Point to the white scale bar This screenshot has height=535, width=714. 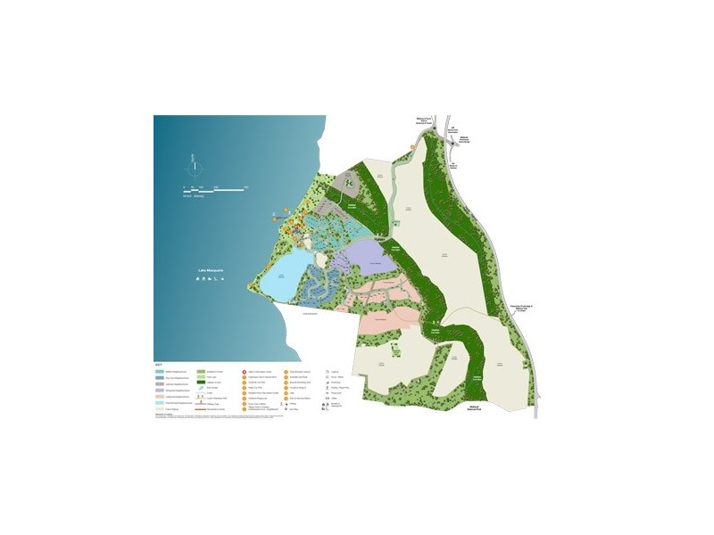click(x=215, y=188)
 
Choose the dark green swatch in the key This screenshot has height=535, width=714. click(x=203, y=383)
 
